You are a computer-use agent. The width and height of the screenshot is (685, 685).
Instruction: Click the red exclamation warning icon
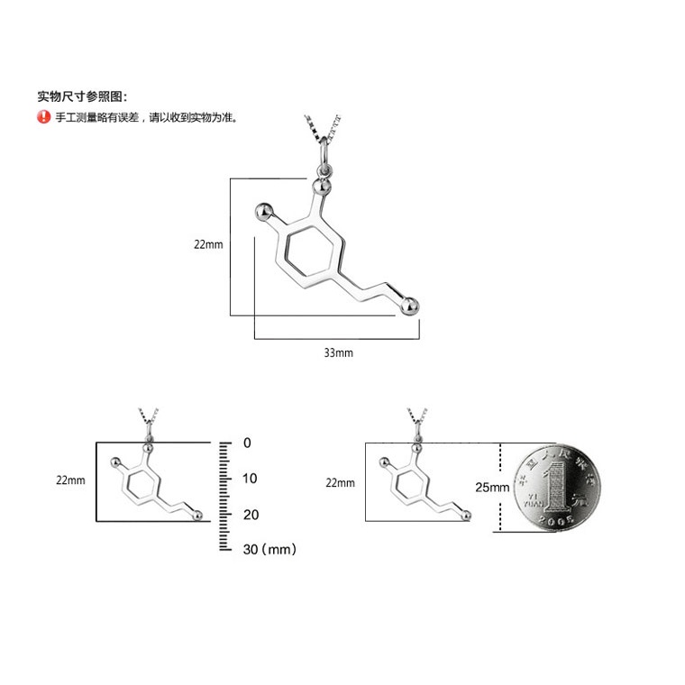pos(43,117)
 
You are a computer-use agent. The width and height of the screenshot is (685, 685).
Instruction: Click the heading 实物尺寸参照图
pos(82,96)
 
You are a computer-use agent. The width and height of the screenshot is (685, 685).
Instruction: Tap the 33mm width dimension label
pos(338,352)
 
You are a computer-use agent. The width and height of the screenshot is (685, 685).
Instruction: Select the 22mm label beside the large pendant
pos(207,244)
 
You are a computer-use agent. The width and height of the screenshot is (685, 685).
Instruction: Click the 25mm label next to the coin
pos(491,487)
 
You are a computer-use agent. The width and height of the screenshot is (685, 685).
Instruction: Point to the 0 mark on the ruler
pos(247,443)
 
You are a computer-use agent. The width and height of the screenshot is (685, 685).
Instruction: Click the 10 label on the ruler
pos(250,478)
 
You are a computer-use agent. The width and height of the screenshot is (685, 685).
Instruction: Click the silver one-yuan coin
pos(549,488)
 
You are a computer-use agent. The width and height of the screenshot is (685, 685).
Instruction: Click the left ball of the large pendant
pos(264,213)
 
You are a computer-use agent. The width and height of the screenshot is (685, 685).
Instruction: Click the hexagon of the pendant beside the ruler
pos(140,486)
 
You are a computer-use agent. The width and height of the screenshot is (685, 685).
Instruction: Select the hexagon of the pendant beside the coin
pos(410,486)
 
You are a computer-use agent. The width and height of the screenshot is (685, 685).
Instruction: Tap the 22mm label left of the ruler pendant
pos(70,480)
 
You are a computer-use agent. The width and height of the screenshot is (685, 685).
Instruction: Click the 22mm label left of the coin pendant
pos(341,483)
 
